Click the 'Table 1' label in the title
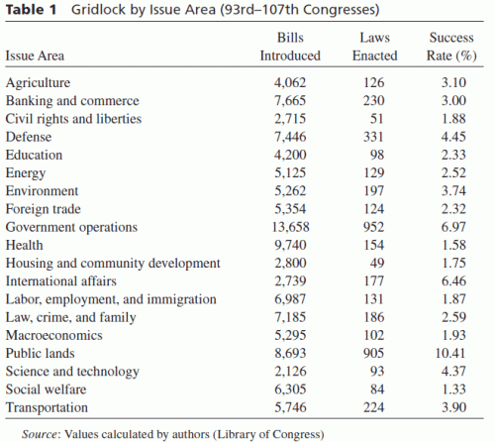pyautogui.click(x=32, y=9)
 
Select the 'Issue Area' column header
pyautogui.click(x=35, y=55)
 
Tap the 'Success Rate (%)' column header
pyautogui.click(x=451, y=47)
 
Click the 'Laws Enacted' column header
pyautogui.click(x=374, y=47)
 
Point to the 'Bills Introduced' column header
pyautogui.click(x=290, y=47)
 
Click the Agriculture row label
pyautogui.click(x=38, y=82)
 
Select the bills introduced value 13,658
pyautogui.click(x=291, y=227)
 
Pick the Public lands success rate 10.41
pyautogui.click(x=450, y=353)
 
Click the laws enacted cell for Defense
pyautogui.click(x=374, y=137)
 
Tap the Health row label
pyautogui.click(x=25, y=245)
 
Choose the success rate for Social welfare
pyautogui.click(x=453, y=389)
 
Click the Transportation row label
pyautogui.click(x=47, y=407)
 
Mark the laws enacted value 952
pyautogui.click(x=374, y=227)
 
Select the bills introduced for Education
pyautogui.click(x=290, y=155)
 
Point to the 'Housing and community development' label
pyautogui.click(x=113, y=264)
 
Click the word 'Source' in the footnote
pyautogui.click(x=40, y=434)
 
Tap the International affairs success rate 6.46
pyautogui.click(x=453, y=281)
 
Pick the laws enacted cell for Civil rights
pyautogui.click(x=377, y=119)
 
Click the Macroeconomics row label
pyautogui.click(x=54, y=335)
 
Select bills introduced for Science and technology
pyautogui.click(x=290, y=372)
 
